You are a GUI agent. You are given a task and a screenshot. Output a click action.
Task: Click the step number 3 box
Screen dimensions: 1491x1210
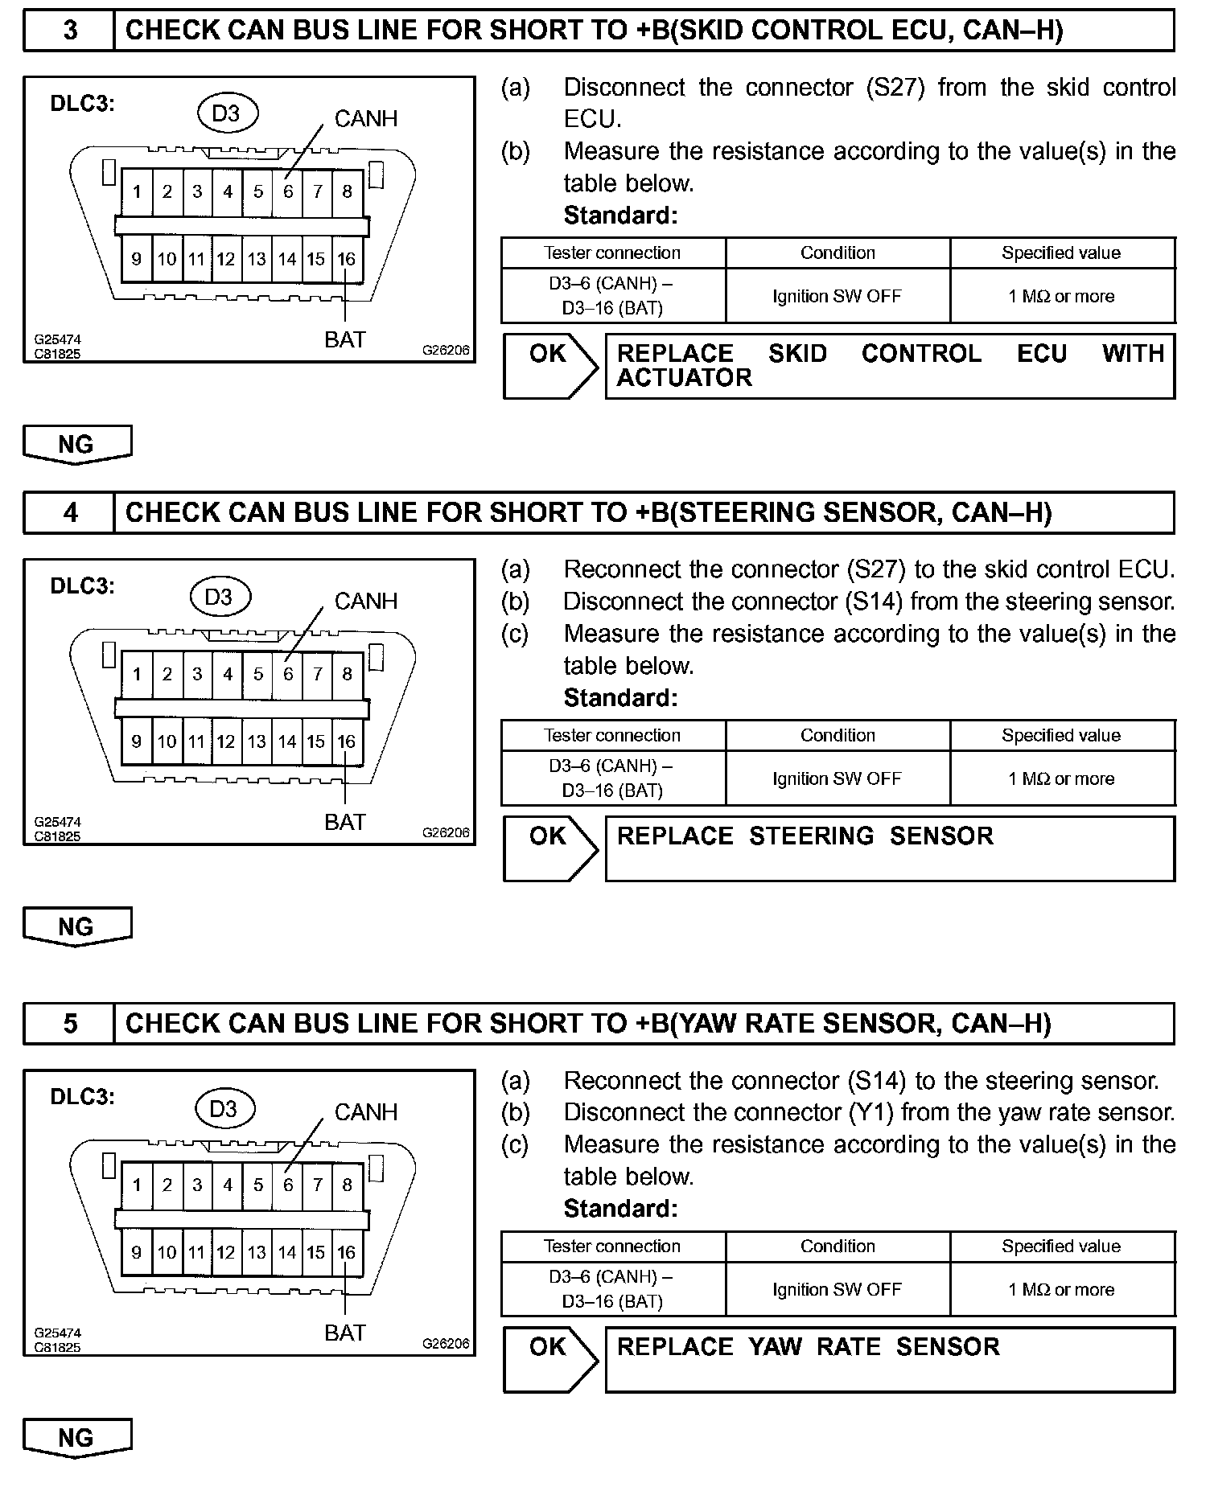70,31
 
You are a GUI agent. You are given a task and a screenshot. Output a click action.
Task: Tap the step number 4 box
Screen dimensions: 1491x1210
70,513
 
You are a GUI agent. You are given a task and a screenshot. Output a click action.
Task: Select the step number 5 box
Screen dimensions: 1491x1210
70,1024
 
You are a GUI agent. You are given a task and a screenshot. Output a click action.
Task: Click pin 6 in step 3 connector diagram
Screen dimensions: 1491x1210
288,191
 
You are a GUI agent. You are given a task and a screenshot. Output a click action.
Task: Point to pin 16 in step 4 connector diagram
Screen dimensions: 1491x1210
346,741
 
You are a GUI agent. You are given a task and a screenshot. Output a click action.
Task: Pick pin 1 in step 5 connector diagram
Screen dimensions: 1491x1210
137,1185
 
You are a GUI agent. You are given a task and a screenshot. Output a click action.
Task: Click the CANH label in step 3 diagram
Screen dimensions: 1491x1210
365,119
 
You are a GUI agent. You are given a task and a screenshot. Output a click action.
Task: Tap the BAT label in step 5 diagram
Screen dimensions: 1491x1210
345,1333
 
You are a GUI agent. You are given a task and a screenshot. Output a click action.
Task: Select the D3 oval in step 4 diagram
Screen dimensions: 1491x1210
220,597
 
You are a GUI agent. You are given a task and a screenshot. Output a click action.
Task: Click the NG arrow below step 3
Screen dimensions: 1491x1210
76,445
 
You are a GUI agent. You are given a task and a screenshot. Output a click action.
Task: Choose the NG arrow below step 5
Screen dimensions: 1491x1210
76,1438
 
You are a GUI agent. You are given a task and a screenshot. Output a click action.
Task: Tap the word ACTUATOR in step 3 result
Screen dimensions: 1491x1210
684,378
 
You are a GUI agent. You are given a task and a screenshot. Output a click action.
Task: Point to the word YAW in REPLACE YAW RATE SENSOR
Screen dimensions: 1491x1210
775,1347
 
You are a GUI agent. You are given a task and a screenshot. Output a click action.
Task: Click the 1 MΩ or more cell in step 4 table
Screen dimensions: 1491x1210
1061,778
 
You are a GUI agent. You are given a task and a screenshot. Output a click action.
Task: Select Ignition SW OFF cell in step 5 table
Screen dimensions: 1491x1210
837,1289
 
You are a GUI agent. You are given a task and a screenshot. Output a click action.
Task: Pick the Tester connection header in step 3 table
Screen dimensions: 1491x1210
612,253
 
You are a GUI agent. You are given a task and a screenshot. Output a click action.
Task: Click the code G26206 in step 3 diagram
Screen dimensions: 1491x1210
446,351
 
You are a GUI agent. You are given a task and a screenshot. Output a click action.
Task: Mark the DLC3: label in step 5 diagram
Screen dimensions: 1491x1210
82,1097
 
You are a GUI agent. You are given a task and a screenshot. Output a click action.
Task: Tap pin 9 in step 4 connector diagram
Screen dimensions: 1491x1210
137,741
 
